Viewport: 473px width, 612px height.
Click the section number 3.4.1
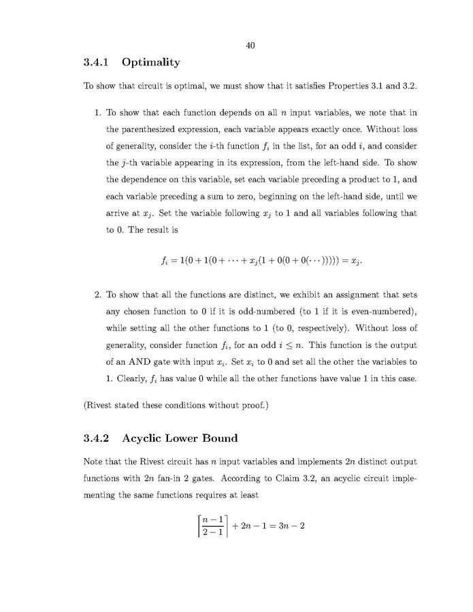[96, 63]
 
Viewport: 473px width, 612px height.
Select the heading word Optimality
[151, 63]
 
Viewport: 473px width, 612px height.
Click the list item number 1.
[97, 112]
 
